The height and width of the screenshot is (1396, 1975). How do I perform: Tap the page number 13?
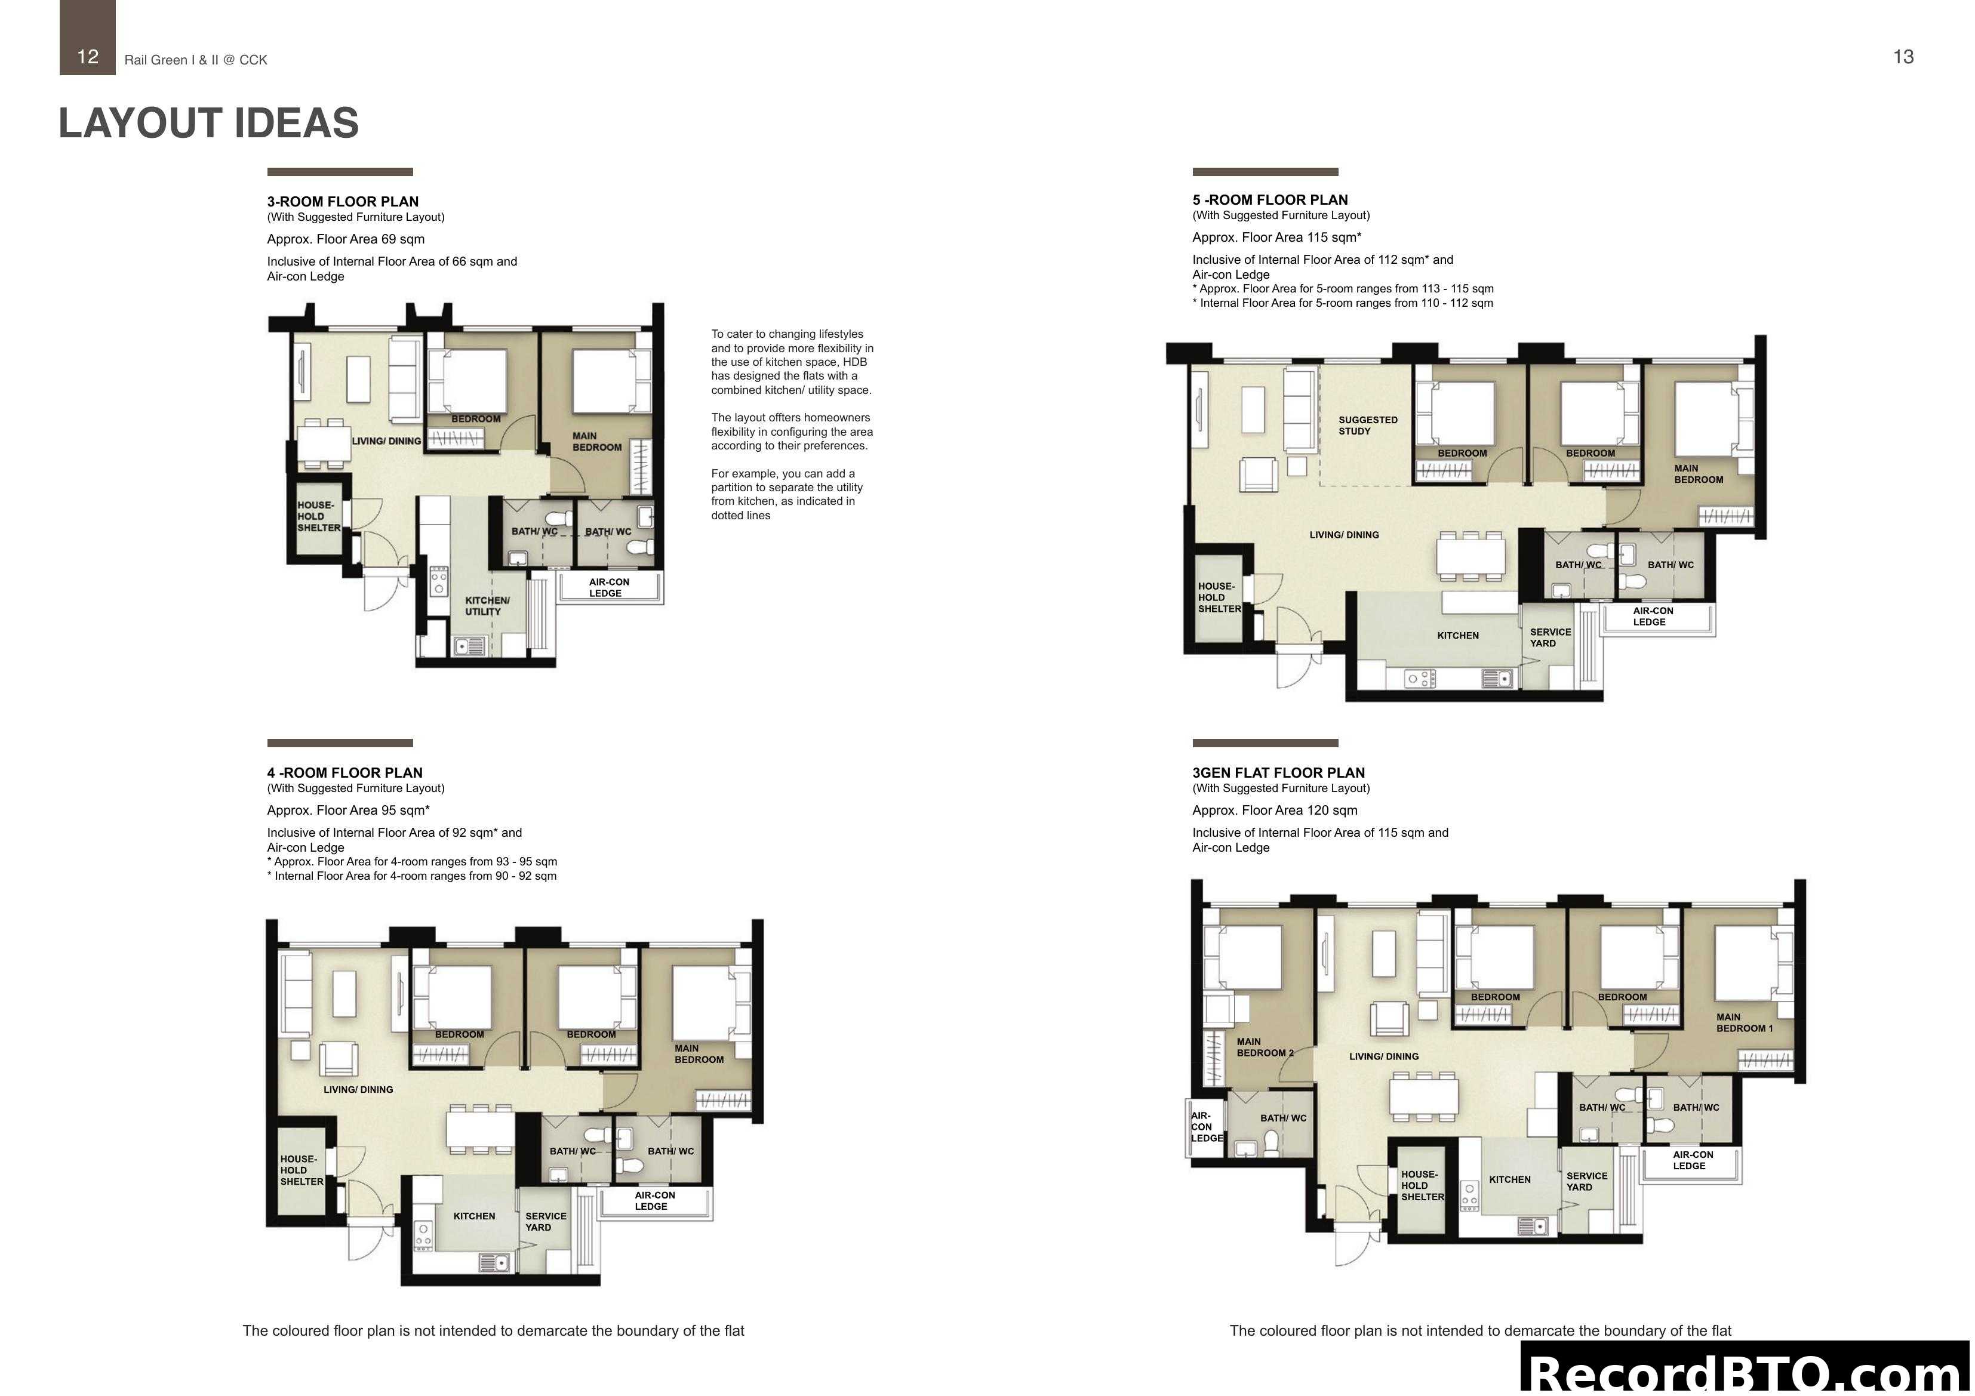point(1903,57)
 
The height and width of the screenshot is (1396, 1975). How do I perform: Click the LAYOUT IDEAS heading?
point(208,123)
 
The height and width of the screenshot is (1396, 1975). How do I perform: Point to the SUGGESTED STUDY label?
point(1367,426)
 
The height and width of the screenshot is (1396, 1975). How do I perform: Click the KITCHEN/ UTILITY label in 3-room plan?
point(487,606)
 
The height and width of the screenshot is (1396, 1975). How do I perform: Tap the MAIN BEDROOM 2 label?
point(1263,1047)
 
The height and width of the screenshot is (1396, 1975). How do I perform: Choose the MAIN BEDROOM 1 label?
point(1743,1023)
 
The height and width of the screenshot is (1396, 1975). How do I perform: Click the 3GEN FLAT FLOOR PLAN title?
point(1278,772)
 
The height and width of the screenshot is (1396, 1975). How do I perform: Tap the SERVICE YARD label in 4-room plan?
point(545,1221)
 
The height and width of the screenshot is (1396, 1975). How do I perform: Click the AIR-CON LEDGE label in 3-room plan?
point(608,587)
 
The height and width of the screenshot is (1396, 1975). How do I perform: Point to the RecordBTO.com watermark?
point(1746,1373)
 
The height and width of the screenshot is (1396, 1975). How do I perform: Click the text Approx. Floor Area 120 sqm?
point(1275,811)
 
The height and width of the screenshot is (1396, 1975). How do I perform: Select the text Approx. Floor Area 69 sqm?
point(346,239)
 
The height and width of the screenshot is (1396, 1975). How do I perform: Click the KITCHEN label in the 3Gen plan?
point(1510,1179)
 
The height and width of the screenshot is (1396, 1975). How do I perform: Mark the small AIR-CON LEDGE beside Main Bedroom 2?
point(1206,1127)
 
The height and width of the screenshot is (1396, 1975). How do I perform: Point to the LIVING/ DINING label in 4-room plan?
point(358,1090)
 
